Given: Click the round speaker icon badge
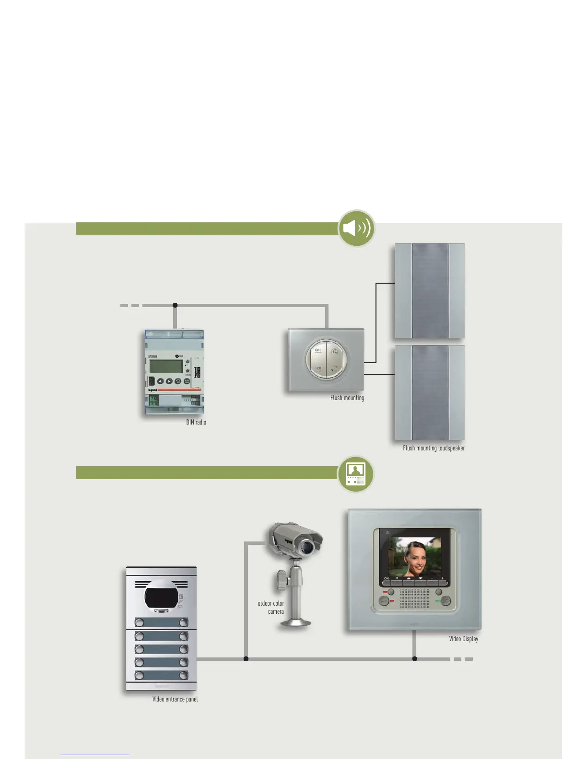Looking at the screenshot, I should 356,228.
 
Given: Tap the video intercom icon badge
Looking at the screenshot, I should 355,474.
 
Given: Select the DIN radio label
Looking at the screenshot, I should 196,422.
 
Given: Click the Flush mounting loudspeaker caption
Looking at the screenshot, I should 434,448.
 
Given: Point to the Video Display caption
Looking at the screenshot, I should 463,639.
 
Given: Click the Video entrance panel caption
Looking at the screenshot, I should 175,699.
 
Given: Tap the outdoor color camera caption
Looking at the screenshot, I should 271,608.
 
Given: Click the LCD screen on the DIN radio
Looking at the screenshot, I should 165,367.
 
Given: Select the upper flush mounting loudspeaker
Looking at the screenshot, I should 429,291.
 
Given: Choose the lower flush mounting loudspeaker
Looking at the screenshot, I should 429,392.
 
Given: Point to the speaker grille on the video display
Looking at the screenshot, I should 414,599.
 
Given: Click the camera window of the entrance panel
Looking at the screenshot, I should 161,597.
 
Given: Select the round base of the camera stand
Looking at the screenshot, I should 296,622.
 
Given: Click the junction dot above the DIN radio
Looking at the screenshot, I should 175,305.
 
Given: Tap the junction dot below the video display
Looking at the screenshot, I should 415,659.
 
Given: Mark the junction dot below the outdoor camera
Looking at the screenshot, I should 246,659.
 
